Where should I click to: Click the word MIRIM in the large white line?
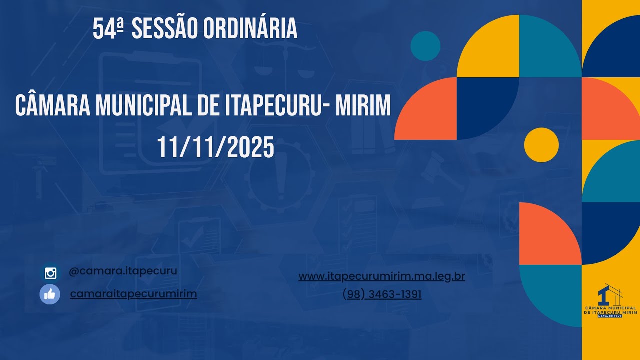(x=360, y=105)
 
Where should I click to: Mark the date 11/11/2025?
(x=216, y=148)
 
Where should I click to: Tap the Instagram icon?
(x=50, y=273)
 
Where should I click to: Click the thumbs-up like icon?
(x=50, y=294)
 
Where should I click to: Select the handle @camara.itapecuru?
(x=123, y=271)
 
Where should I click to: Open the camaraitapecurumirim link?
(x=133, y=294)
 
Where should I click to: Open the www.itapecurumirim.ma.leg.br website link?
(x=382, y=276)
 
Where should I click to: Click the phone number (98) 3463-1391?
(x=382, y=295)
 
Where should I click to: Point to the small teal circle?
(x=425, y=46)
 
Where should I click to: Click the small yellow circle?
(x=541, y=145)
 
